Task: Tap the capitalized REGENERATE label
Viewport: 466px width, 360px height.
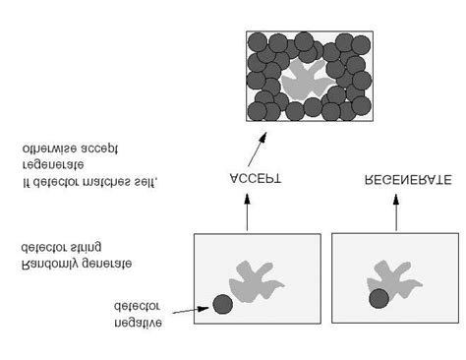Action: [408, 181]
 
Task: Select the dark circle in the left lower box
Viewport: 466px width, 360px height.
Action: [223, 305]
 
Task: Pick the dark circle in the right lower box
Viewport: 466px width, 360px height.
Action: [379, 298]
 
